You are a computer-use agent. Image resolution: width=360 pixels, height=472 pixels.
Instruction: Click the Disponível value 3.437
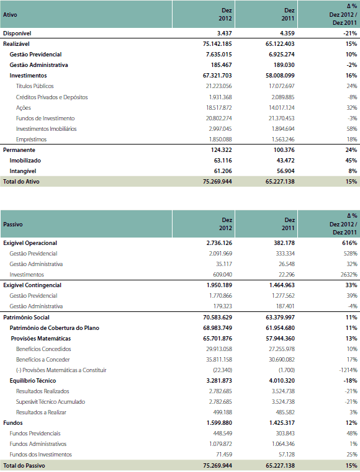click(x=224, y=33)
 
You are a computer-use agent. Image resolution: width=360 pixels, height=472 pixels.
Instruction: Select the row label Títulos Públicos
click(x=35, y=86)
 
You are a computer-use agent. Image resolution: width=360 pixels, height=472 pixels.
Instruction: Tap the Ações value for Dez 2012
click(x=219, y=108)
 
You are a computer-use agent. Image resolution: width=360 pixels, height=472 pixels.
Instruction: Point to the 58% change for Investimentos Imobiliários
click(x=351, y=129)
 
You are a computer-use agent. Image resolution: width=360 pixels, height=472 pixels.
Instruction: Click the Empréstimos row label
click(x=31, y=140)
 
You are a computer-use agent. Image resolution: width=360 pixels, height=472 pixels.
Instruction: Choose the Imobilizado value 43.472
click(x=286, y=161)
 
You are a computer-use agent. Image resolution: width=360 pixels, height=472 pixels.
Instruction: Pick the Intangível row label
click(x=22, y=171)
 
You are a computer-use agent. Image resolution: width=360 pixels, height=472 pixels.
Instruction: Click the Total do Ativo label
click(x=21, y=182)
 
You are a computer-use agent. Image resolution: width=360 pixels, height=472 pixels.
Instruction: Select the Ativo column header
click(x=10, y=14)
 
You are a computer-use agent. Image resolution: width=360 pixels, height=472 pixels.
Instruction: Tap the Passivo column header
click(x=12, y=225)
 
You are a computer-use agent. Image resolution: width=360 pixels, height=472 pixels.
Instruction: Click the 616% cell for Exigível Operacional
click(x=349, y=243)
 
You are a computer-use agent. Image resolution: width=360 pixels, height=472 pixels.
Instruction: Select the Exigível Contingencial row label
click(x=32, y=285)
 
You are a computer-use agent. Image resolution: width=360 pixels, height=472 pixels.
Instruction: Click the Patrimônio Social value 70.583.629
click(x=217, y=318)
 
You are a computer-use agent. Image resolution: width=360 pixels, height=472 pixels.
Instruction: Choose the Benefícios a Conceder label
click(x=43, y=359)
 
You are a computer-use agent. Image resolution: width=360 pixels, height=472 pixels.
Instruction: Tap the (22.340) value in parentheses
click(x=222, y=370)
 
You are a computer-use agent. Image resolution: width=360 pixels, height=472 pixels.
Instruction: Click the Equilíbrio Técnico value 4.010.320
click(x=282, y=380)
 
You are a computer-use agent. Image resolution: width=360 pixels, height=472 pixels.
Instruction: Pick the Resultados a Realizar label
click(x=41, y=412)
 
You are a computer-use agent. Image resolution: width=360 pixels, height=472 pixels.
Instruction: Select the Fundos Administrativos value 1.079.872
click(x=220, y=443)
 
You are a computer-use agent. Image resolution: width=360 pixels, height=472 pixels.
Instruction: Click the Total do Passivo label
click(x=24, y=465)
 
